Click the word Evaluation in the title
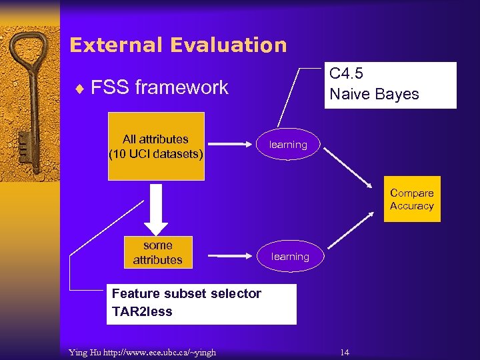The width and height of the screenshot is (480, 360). tap(229, 45)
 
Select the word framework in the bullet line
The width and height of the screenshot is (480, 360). tap(181, 87)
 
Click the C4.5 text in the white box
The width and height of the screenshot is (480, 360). tap(346, 73)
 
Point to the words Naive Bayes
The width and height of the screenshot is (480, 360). tap(374, 94)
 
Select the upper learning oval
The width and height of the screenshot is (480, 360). tap(288, 145)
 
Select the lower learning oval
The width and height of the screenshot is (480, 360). tap(290, 257)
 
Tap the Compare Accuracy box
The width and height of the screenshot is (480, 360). tap(411, 199)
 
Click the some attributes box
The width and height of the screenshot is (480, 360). tap(157, 253)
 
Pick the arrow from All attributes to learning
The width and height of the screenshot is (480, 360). tap(229, 143)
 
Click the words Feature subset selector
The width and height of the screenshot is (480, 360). tap(187, 294)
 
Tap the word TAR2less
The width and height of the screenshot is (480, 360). tap(142, 311)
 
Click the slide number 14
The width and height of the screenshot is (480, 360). tap(345, 352)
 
